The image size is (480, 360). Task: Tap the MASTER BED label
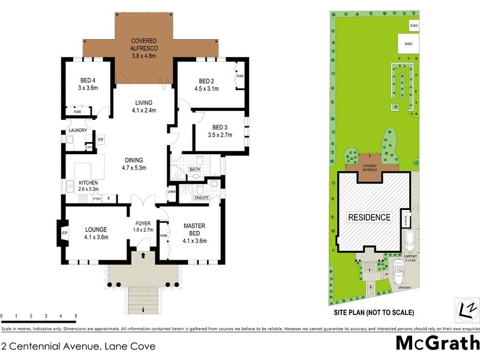coord(194,229)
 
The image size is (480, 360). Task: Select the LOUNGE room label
coord(96,229)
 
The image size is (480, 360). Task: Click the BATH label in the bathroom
coord(195,170)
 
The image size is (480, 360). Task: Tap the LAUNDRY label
coord(79,130)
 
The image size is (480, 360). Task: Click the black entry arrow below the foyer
coord(143,255)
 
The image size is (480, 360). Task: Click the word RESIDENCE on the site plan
coord(370,217)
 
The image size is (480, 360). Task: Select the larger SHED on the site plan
coord(408,44)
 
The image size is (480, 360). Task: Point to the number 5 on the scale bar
coord(76,316)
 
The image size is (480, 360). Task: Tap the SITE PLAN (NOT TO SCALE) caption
coord(373,313)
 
